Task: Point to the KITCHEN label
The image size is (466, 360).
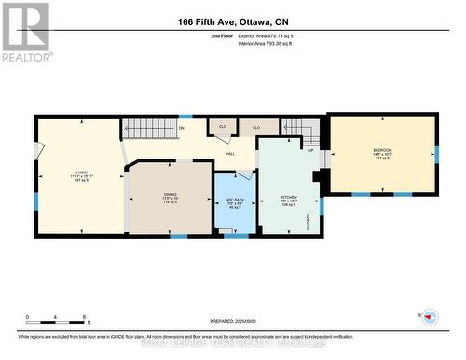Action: [x=289, y=198]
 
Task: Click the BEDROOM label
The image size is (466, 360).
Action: [x=383, y=150]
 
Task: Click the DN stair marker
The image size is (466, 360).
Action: [x=182, y=128]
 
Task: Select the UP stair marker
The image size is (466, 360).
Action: [x=310, y=148]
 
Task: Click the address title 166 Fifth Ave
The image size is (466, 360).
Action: [x=233, y=21]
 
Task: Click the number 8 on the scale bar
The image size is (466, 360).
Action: [x=86, y=318]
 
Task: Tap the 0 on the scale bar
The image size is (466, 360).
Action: [x=27, y=318]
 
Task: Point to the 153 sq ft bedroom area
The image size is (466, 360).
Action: [x=383, y=159]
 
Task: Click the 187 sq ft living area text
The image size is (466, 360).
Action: [x=81, y=183]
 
